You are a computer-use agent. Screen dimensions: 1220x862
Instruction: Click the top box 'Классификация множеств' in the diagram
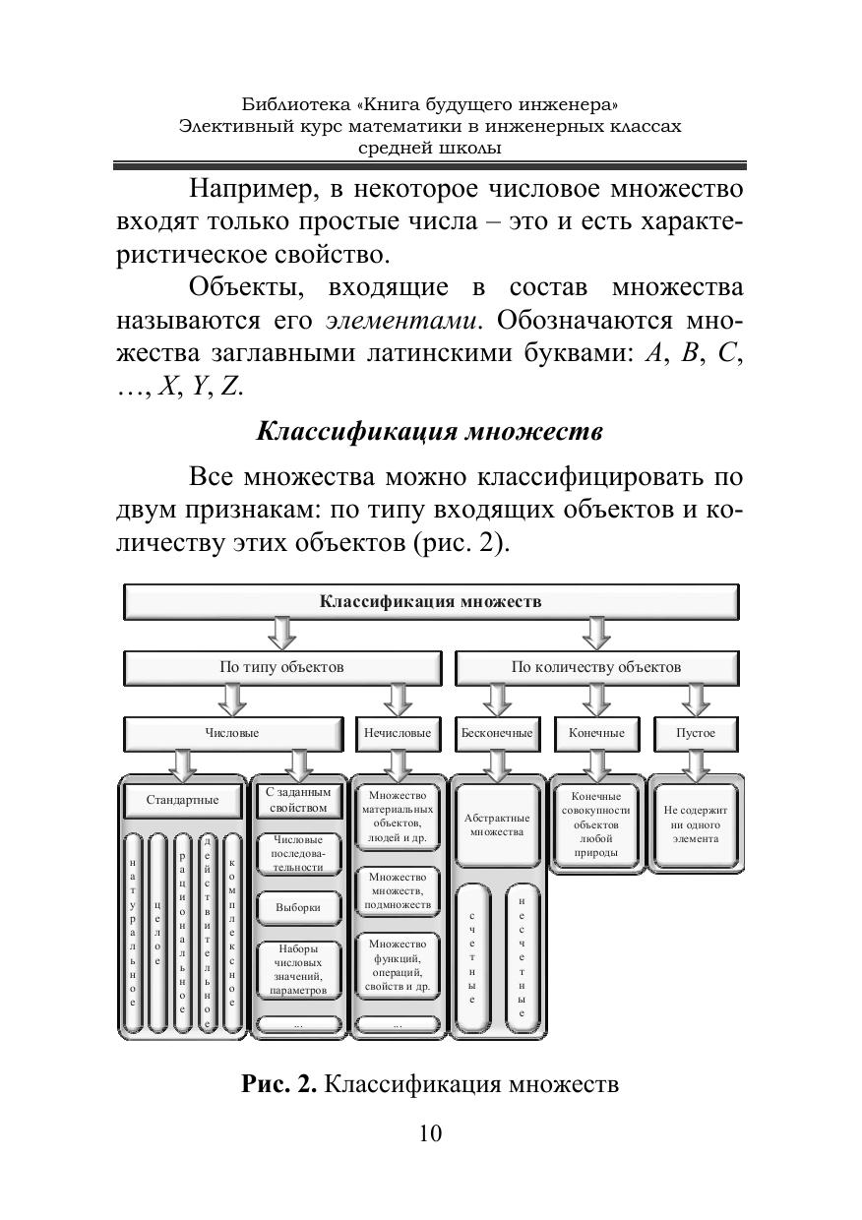[x=430, y=601]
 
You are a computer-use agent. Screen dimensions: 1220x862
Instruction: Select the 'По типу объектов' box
[x=281, y=667]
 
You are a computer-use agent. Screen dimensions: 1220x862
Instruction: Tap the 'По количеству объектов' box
[x=595, y=667]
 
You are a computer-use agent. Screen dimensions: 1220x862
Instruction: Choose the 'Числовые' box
[x=232, y=733]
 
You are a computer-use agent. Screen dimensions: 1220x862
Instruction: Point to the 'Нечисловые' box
[x=398, y=733]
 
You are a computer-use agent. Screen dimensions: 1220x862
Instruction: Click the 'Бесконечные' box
[x=497, y=733]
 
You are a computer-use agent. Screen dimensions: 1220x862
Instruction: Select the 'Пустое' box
[x=696, y=733]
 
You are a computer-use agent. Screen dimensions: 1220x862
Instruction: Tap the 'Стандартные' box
[x=182, y=800]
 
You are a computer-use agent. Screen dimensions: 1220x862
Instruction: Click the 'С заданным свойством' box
[x=298, y=800]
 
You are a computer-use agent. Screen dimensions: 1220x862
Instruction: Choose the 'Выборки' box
[x=298, y=907]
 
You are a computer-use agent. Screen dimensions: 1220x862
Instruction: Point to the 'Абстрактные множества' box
[x=497, y=824]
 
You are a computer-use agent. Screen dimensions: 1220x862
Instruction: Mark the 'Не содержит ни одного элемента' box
[x=696, y=824]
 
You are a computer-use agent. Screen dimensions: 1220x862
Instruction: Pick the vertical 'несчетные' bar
[x=522, y=955]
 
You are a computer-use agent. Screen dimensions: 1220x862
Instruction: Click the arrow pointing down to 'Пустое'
[x=696, y=701]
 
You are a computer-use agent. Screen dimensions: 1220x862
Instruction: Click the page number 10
[x=430, y=1133]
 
